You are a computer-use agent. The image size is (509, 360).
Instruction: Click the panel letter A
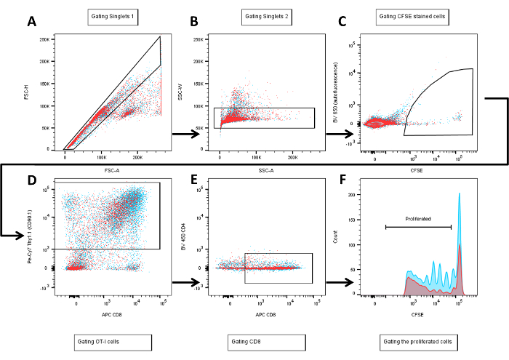[x=32, y=22]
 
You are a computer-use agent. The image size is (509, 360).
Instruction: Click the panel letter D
[x=32, y=179]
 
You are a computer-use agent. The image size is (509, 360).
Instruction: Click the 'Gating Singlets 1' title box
[x=113, y=15]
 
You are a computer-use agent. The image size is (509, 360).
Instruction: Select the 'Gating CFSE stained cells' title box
[x=420, y=15]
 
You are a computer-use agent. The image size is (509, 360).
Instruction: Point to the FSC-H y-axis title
[x=26, y=93]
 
